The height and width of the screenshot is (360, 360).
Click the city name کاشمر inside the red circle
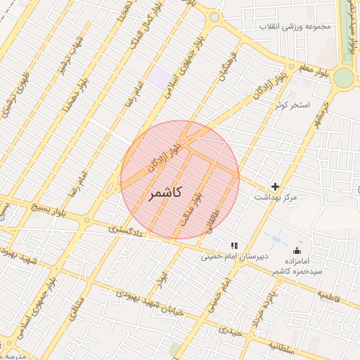(x=167, y=192)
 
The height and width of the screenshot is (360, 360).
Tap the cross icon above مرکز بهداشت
(x=275, y=187)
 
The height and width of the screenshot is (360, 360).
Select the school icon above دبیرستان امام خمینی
(x=235, y=246)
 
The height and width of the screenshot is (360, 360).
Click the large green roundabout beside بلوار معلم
(x=344, y=77)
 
